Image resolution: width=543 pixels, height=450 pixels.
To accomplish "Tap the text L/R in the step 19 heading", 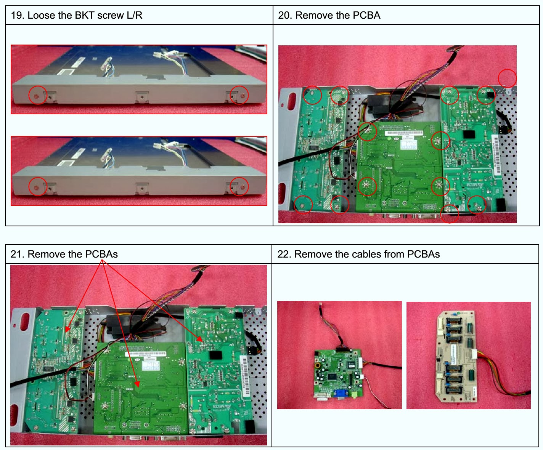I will [x=134, y=15].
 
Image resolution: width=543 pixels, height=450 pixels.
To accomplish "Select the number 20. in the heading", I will [x=285, y=15].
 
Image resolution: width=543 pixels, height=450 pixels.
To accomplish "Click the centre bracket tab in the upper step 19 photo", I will [x=141, y=97].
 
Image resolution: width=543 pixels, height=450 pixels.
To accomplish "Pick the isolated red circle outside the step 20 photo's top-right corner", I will [x=507, y=78].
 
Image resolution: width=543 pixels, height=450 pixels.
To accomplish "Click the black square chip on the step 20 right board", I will [x=468, y=135].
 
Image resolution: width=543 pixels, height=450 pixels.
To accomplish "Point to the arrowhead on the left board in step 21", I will [x=67, y=329].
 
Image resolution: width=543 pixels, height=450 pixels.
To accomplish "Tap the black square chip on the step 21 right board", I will [x=215, y=355].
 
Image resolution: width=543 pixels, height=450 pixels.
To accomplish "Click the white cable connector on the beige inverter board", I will [x=474, y=354].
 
